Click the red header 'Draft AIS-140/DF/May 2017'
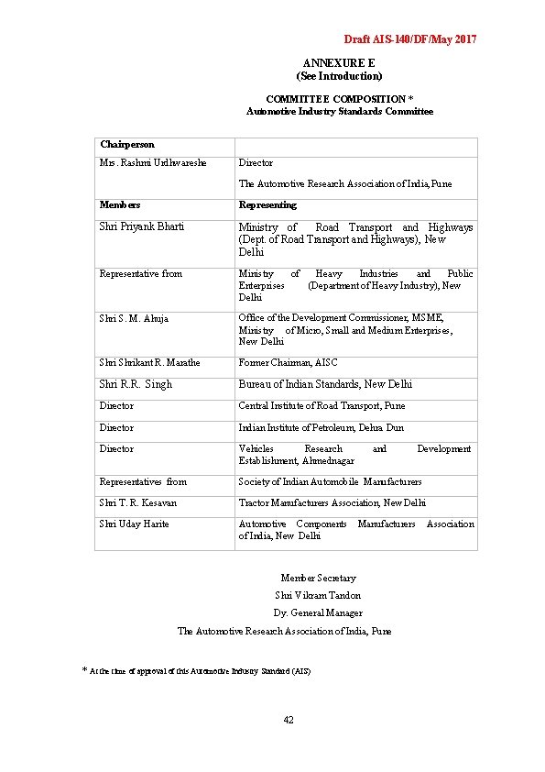pos(409,39)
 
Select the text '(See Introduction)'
pos(339,76)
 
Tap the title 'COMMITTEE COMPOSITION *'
pos(339,98)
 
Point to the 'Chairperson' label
pos(127,145)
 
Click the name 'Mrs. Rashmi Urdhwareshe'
pos(153,163)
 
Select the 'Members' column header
pos(120,205)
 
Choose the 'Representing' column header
pos(267,205)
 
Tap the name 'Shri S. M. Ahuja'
pos(134,318)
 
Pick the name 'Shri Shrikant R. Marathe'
pos(149,363)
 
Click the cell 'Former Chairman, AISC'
pos(288,363)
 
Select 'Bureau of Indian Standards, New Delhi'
pos(325,384)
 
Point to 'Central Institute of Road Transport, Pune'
pos(322,405)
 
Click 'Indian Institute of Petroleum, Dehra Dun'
pos(321,427)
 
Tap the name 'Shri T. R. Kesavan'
pos(138,502)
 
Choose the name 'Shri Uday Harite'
pos(134,524)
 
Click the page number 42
pos(289,720)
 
